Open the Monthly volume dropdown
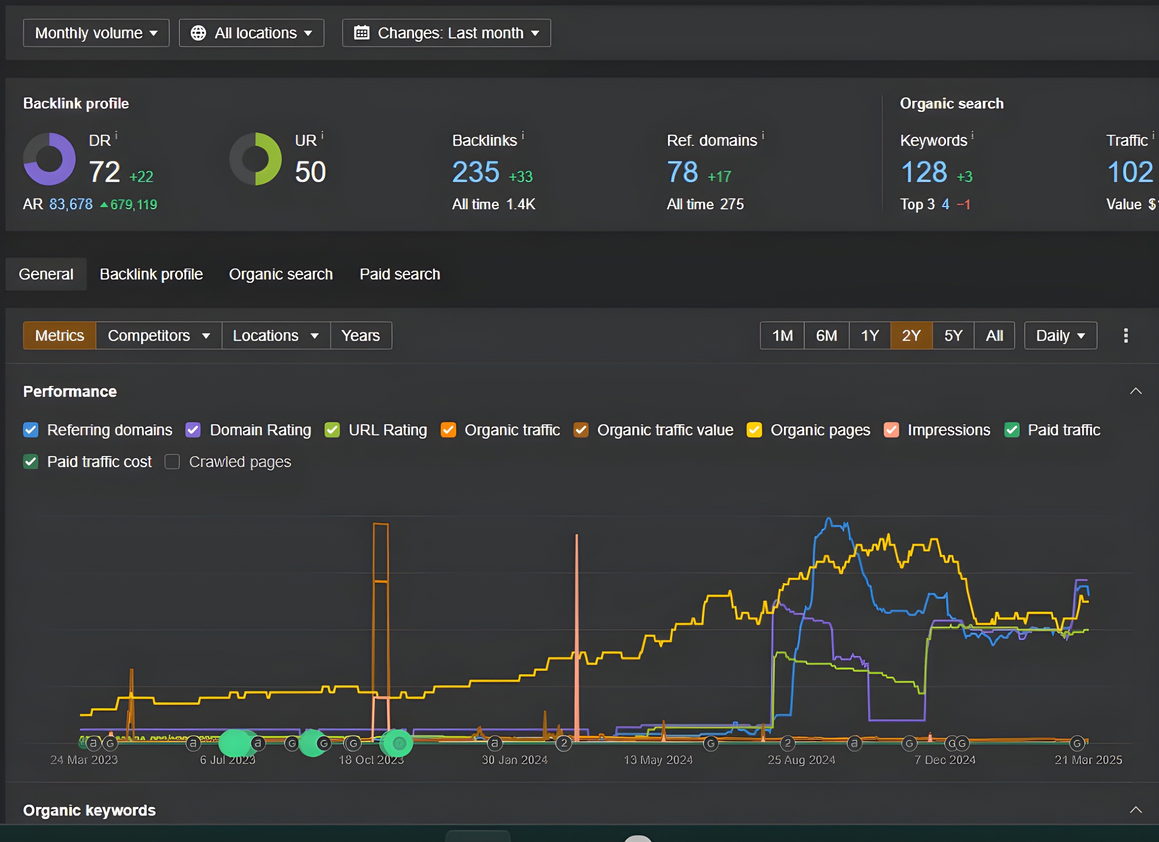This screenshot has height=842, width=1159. (96, 33)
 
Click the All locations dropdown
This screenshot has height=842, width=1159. (252, 33)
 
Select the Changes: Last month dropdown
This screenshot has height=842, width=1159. (446, 33)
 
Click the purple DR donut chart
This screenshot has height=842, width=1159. (50, 159)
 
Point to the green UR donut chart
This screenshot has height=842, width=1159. (256, 159)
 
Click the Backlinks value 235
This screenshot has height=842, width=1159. (476, 172)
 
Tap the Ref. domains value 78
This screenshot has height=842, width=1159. (682, 172)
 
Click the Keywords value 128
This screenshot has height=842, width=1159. (923, 172)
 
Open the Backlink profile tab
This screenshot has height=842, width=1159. (151, 274)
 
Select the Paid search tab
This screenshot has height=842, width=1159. (400, 274)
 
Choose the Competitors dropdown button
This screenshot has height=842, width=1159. (158, 336)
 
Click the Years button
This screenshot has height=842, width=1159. (361, 336)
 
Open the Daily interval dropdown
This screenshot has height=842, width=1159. (1060, 336)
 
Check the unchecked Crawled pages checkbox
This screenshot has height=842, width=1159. (172, 462)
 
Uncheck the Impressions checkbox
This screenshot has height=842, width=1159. (891, 430)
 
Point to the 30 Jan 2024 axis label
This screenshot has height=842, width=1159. (515, 760)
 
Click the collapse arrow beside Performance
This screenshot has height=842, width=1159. (1136, 391)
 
